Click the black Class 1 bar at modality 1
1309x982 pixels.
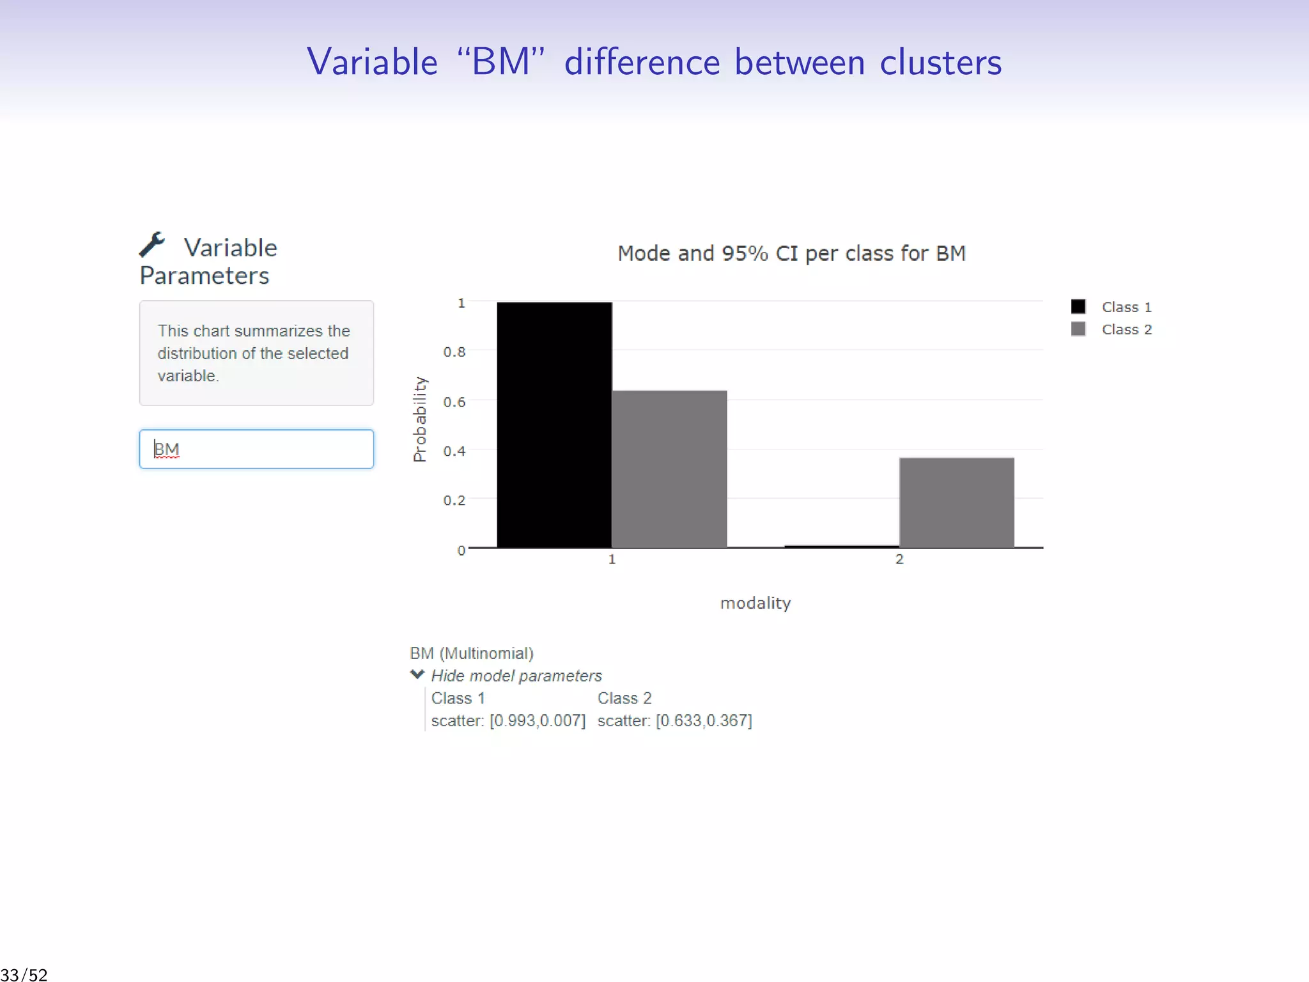click(x=554, y=425)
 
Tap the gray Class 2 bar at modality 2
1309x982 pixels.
click(x=956, y=503)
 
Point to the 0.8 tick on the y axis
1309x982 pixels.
click(x=454, y=352)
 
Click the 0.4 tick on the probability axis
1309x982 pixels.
click(x=454, y=451)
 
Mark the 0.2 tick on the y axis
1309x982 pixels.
click(x=454, y=500)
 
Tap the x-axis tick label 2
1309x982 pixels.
click(x=899, y=559)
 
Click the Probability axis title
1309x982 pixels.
click(x=419, y=419)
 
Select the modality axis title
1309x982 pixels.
click(x=755, y=603)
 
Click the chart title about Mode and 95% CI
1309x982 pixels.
click(x=791, y=253)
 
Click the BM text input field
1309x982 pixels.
click(x=256, y=449)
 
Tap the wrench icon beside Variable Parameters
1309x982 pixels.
click(x=153, y=244)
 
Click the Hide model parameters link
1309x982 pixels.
click(x=516, y=676)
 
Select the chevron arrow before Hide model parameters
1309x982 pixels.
click(x=417, y=674)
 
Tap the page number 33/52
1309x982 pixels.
click(x=24, y=975)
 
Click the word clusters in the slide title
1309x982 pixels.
click(x=940, y=62)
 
